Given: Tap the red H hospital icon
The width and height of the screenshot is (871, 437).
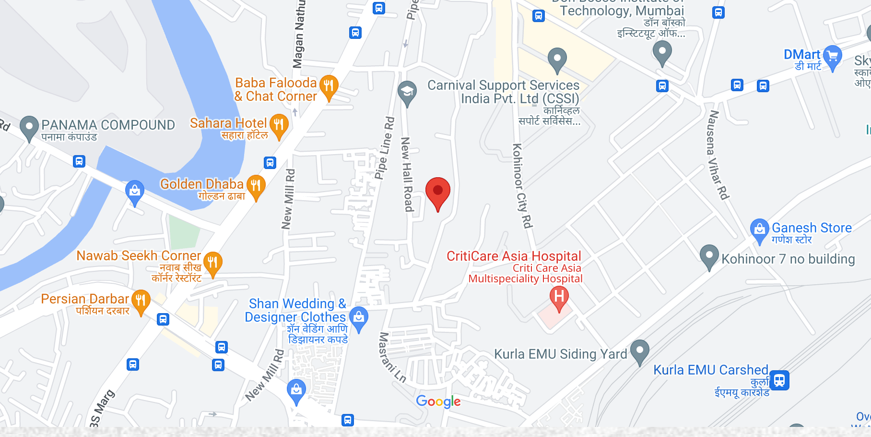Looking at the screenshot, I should tap(559, 297).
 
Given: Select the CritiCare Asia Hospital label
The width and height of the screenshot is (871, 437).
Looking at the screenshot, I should tap(514, 256).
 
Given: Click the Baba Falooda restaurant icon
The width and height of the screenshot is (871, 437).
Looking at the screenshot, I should tap(329, 86).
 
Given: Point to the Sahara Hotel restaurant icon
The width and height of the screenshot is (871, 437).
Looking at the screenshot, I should tap(279, 125).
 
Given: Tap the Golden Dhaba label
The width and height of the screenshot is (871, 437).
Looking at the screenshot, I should tap(202, 184).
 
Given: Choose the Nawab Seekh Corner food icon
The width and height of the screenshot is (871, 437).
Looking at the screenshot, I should tap(212, 263).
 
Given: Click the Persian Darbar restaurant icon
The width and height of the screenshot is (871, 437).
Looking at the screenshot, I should tap(141, 301).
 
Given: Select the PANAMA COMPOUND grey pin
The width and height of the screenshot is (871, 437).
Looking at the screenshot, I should tap(29, 127).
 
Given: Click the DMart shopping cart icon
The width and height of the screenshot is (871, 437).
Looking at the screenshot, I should tap(833, 56).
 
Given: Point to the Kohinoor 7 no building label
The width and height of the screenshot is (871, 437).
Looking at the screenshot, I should tap(788, 259).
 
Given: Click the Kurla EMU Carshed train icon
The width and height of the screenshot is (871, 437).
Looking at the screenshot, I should tap(779, 380).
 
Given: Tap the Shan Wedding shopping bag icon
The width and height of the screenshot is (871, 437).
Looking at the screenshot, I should tap(359, 318).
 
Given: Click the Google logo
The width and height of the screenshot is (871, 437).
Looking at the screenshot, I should tap(438, 401).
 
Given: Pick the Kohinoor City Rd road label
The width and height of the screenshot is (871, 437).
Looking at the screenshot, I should tap(522, 185).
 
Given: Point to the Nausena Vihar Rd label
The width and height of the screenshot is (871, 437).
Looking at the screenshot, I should tap(717, 155).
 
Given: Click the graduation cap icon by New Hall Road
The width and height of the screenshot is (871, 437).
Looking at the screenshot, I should tap(407, 91).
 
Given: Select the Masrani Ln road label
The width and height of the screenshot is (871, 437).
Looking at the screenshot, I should tap(392, 357).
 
